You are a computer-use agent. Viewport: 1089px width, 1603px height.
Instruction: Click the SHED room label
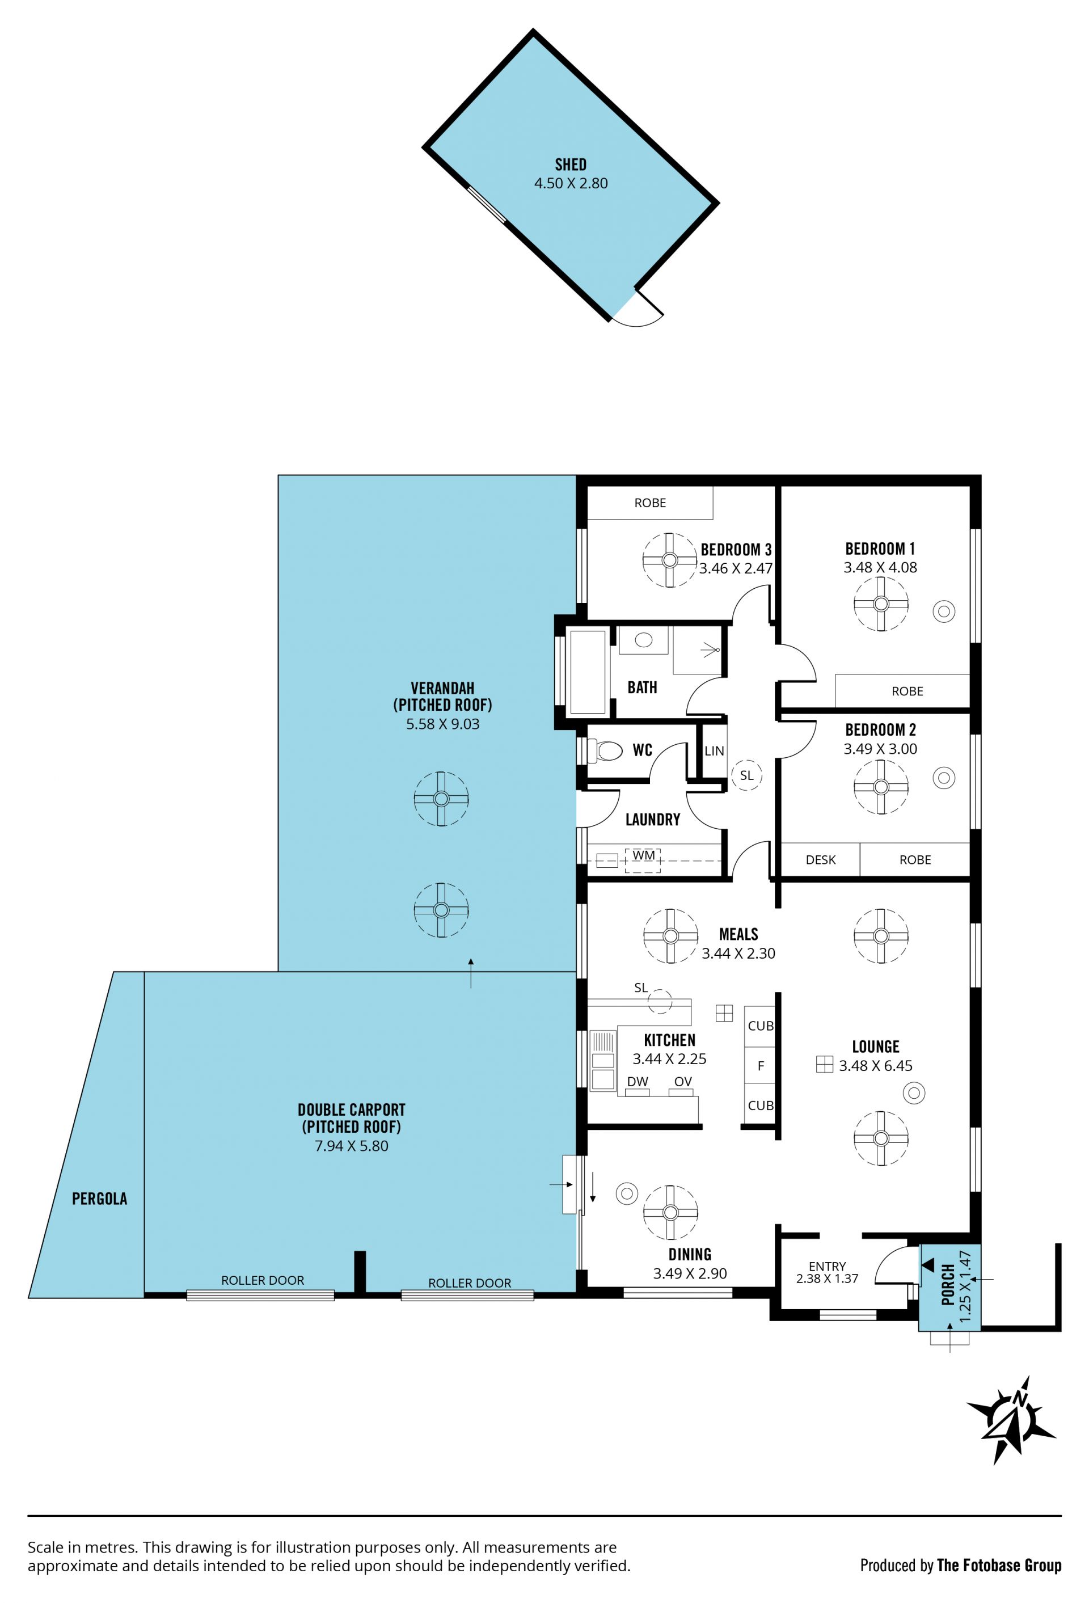click(x=571, y=164)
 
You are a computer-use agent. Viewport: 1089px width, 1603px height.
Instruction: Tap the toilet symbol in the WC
click(x=605, y=750)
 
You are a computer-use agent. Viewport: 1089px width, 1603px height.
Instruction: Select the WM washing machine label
click(x=643, y=855)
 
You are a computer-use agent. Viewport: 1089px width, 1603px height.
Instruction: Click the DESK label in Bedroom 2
click(x=820, y=860)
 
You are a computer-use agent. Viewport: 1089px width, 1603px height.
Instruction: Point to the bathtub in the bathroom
click(x=587, y=671)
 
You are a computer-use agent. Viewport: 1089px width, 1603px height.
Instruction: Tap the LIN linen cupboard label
click(x=714, y=750)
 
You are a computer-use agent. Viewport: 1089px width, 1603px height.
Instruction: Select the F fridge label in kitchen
click(x=761, y=1066)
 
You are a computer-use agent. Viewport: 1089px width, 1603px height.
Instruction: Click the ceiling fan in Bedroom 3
click(x=669, y=560)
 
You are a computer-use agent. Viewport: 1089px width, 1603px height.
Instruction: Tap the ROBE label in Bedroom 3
click(x=649, y=503)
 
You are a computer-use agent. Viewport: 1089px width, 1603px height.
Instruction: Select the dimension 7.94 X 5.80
click(x=351, y=1146)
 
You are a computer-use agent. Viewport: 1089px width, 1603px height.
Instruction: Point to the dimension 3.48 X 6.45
click(x=875, y=1066)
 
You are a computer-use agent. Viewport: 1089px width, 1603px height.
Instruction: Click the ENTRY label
click(x=827, y=1267)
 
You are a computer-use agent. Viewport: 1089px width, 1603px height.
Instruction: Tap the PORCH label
click(x=948, y=1284)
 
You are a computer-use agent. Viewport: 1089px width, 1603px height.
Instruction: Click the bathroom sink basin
click(x=643, y=639)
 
